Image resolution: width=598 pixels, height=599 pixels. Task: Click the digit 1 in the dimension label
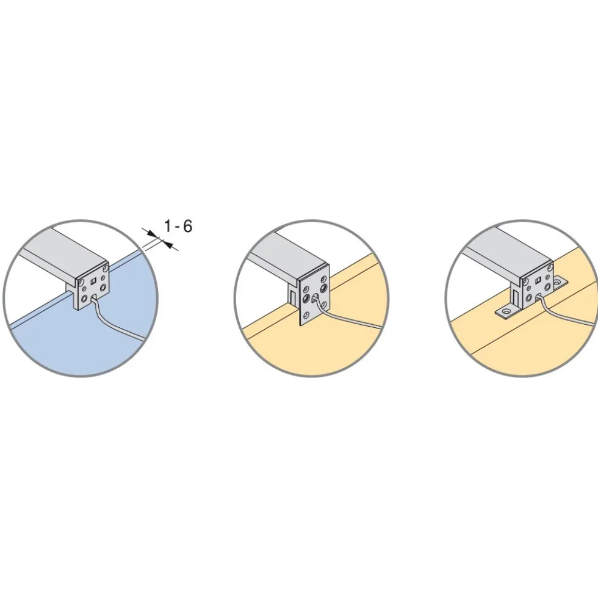click(x=167, y=226)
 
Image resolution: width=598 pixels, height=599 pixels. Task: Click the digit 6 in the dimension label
click(x=187, y=226)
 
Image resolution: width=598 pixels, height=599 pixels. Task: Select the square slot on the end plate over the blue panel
click(x=92, y=282)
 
